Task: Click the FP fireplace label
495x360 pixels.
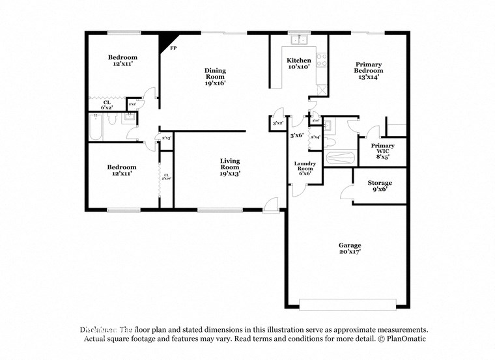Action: tap(173, 48)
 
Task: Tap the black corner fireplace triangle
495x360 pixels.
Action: tap(164, 40)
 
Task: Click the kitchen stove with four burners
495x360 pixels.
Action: tap(321, 60)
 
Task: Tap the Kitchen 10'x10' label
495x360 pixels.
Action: tap(299, 63)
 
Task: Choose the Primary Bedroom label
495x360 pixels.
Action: tap(368, 70)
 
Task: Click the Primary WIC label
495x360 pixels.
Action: tap(382, 151)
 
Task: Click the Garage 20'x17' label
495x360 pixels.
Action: tap(349, 249)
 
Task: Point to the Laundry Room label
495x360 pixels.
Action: tap(305, 168)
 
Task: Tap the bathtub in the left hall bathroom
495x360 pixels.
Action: tap(95, 128)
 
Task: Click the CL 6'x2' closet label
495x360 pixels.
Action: tap(106, 104)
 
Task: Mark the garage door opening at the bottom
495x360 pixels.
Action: tap(347, 303)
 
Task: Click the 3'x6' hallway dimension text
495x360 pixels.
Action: tap(297, 135)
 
